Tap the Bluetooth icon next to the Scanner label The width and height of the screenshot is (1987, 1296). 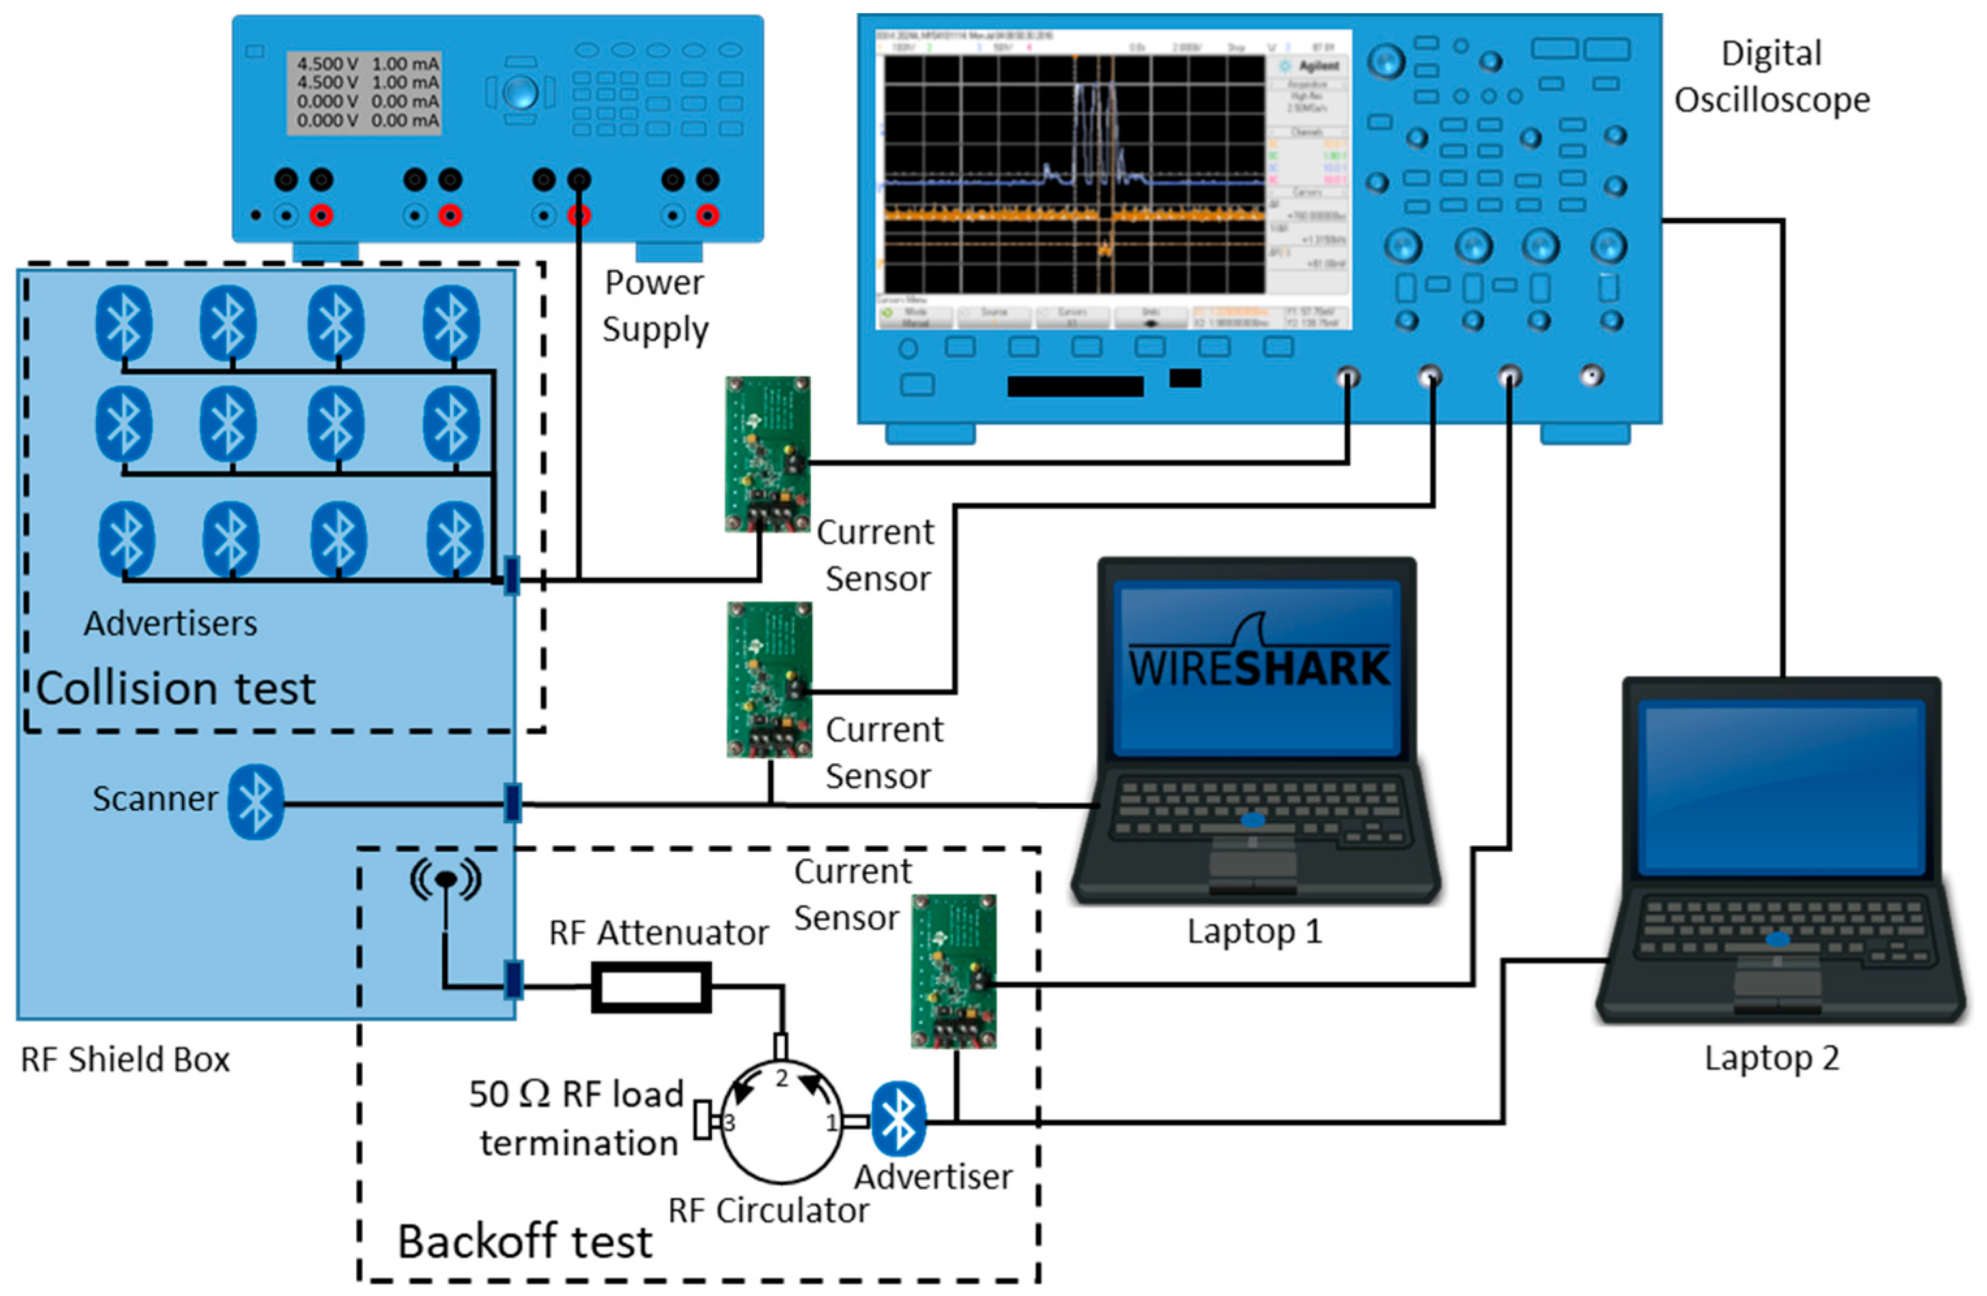tap(255, 801)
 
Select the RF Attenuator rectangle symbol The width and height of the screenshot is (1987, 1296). tap(651, 987)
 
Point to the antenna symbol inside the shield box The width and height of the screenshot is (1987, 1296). tap(446, 880)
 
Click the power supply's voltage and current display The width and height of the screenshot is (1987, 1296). tap(365, 92)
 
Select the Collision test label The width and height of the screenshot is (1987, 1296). tap(176, 688)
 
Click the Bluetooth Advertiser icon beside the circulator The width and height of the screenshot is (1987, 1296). tap(897, 1118)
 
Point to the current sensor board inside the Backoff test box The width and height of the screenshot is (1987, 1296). tap(953, 970)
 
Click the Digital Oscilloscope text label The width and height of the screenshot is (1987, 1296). tap(1771, 77)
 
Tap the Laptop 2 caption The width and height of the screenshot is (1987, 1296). tap(1771, 1058)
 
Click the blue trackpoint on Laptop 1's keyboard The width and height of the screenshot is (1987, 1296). tap(1252, 820)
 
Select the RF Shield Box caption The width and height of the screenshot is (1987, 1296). tap(125, 1059)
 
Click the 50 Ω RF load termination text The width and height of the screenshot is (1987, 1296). tap(576, 1118)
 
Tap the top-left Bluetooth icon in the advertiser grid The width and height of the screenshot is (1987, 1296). tap(124, 322)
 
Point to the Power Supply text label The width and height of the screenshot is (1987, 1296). tap(655, 305)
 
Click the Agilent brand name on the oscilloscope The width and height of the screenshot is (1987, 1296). tap(1318, 65)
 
